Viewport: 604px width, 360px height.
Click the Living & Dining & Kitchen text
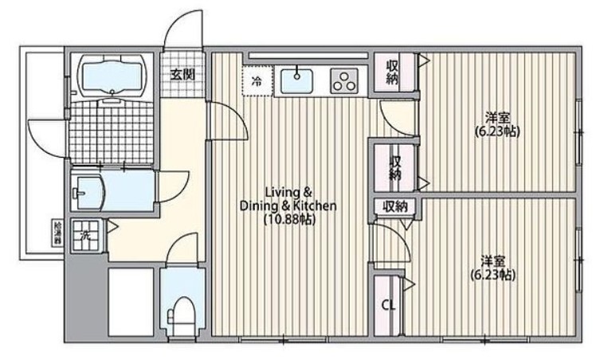288,199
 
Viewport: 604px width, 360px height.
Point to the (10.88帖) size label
288,220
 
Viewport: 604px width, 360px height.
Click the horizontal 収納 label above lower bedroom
394,206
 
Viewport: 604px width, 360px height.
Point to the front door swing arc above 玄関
181,32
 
